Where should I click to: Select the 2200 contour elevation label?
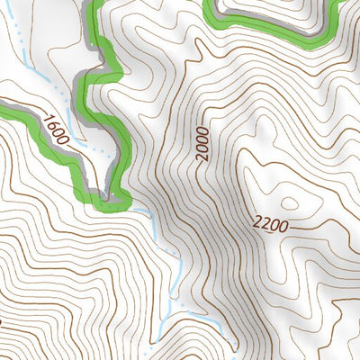270,225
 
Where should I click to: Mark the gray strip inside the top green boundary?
270,22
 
